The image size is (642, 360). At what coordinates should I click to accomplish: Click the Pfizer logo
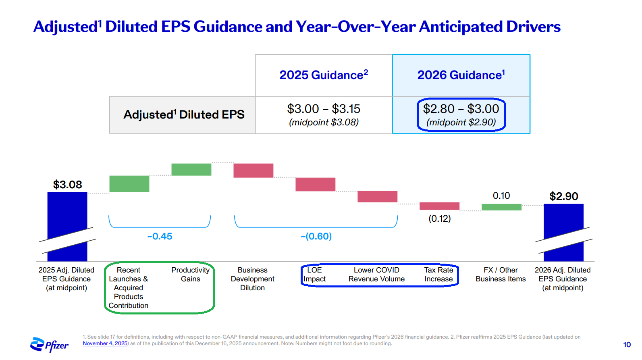pos(49,345)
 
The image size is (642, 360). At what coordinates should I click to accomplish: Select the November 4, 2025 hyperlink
pos(105,343)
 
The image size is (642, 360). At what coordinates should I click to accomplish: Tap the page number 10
pos(627,345)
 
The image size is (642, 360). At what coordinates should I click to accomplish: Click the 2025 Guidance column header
pos(324,75)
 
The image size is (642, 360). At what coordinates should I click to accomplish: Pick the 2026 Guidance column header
pos(461,75)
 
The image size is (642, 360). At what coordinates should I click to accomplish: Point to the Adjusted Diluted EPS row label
pos(184,114)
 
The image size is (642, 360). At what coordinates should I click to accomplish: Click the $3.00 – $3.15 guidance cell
pos(324,109)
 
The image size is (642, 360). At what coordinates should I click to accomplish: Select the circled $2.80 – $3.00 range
pos(461,114)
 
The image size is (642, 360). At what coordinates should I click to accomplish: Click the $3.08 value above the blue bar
pos(68,185)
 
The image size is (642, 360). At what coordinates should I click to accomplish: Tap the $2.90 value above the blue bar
pos(563,196)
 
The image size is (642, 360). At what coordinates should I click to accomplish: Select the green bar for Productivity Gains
pos(191,169)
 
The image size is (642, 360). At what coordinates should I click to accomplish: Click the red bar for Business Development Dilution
pos(253,170)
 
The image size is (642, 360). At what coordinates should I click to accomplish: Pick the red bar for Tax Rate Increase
pos(439,206)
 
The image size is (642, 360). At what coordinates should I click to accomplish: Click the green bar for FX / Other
pos(501,207)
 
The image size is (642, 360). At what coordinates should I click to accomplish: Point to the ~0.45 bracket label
pos(160,236)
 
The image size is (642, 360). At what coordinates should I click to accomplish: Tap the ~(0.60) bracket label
pos(316,236)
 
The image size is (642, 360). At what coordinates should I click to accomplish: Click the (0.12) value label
pos(439,218)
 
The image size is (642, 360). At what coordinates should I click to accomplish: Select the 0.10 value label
pos(501,196)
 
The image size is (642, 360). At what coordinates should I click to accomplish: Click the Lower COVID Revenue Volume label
pos(376,275)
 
